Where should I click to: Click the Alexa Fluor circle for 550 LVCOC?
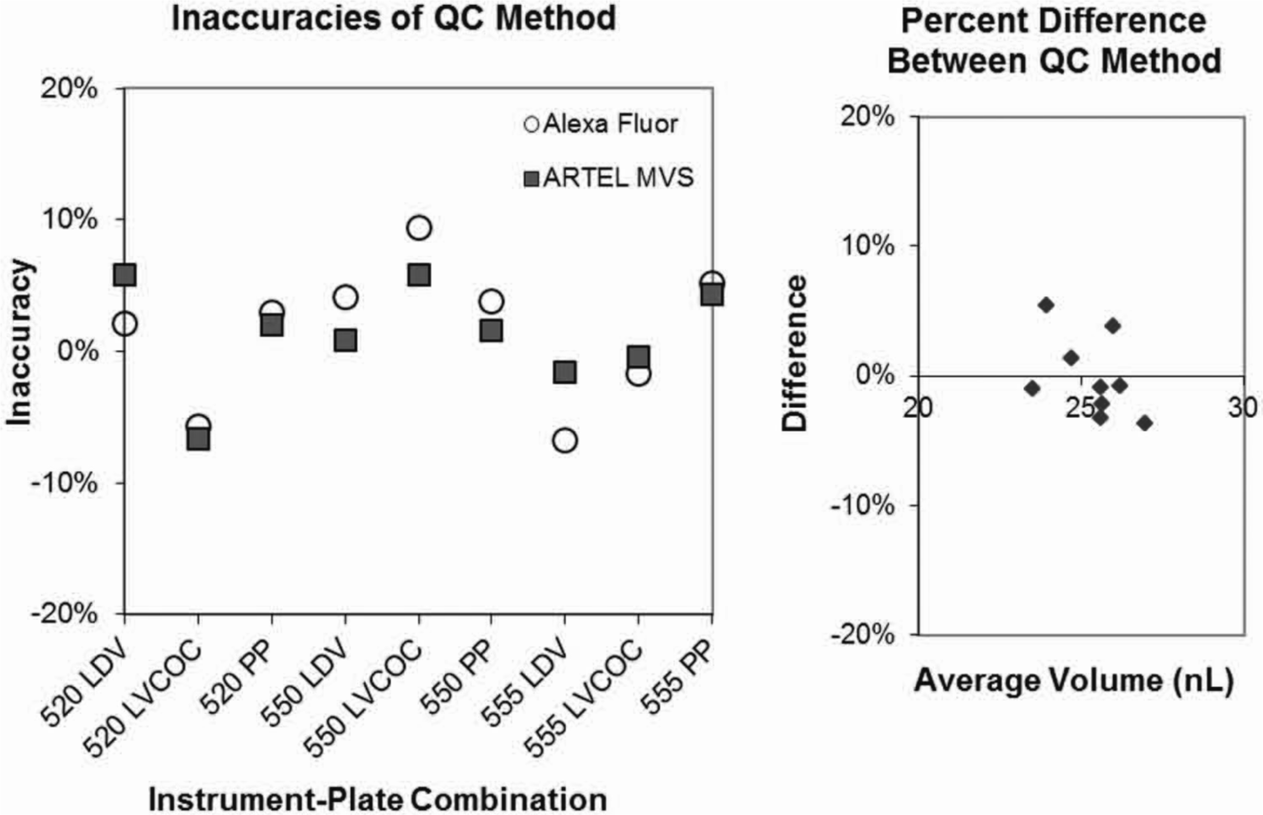(418, 228)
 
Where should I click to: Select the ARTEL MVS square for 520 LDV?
(125, 275)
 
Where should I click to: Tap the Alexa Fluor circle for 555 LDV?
(565, 440)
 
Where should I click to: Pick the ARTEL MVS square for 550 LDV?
(345, 341)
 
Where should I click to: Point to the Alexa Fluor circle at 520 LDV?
(125, 324)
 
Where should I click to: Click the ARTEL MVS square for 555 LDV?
(565, 372)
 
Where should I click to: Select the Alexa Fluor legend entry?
(601, 124)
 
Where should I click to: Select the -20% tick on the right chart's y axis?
(862, 635)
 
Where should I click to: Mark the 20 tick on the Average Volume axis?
(918, 407)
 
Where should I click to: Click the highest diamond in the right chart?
(1047, 305)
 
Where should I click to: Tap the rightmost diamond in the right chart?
(1144, 423)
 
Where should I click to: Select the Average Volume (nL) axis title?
(1075, 680)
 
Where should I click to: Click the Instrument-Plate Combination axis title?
(377, 799)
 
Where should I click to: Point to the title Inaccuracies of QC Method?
(394, 18)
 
